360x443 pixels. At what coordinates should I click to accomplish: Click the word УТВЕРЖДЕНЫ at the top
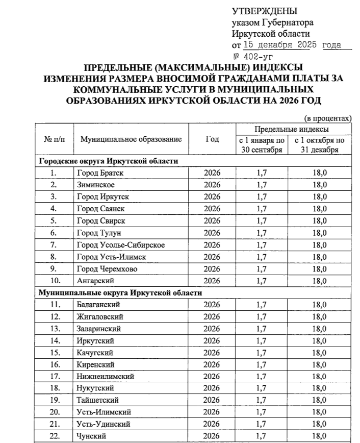(x=264, y=11)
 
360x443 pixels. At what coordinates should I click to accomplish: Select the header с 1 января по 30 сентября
(x=262, y=145)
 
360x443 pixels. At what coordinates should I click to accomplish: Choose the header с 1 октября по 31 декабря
(x=319, y=145)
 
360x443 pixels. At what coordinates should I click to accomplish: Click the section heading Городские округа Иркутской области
(x=109, y=161)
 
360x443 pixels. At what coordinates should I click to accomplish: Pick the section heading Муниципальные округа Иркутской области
(x=120, y=293)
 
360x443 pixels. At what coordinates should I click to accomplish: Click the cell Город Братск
(x=100, y=173)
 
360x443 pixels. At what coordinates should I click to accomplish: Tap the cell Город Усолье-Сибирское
(x=121, y=244)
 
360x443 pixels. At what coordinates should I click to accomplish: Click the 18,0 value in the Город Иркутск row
(x=319, y=196)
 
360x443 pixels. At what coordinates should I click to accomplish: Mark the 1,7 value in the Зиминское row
(x=262, y=185)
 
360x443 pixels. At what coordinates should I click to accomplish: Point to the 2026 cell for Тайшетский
(x=212, y=400)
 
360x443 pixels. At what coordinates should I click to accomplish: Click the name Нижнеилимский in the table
(x=105, y=376)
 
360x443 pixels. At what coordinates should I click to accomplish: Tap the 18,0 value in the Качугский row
(x=319, y=352)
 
